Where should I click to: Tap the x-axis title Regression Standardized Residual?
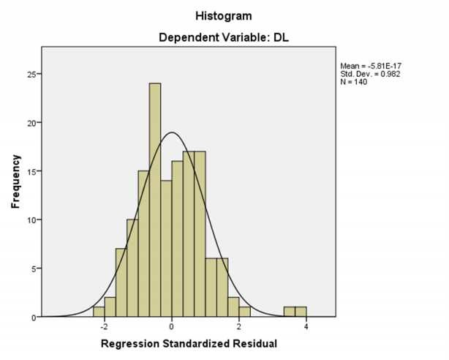(x=189, y=343)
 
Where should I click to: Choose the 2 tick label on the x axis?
(x=239, y=326)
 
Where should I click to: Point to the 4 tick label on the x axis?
(x=306, y=326)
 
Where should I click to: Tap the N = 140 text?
(x=354, y=81)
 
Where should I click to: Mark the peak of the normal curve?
(x=171, y=132)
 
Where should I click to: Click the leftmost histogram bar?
(x=99, y=312)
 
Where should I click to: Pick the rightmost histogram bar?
(x=301, y=312)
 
